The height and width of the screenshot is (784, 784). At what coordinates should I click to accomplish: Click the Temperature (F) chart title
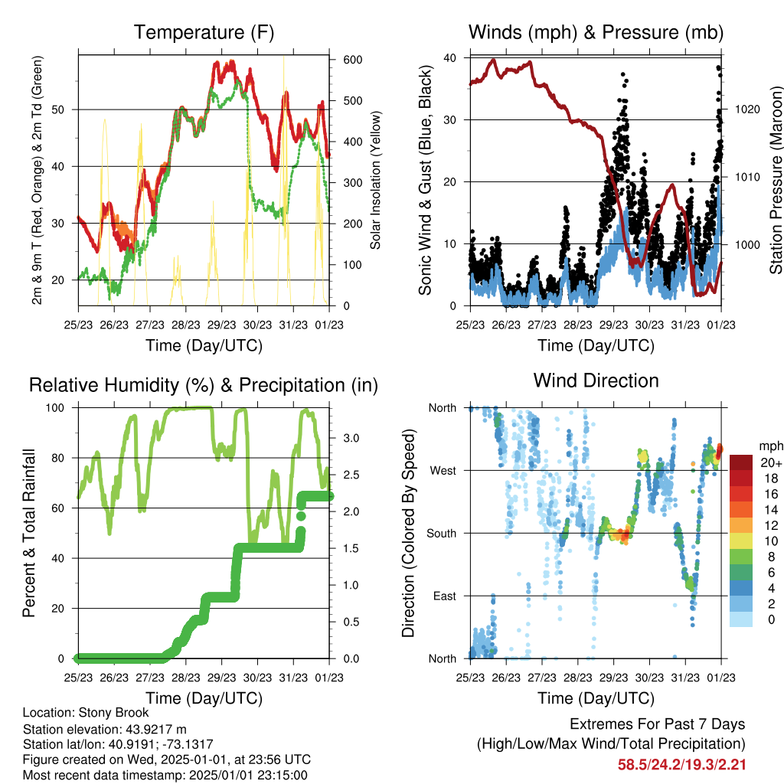(x=204, y=32)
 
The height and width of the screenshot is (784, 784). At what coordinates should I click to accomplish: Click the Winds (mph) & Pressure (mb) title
(x=596, y=32)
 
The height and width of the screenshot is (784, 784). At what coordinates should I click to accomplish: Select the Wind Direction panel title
(x=596, y=381)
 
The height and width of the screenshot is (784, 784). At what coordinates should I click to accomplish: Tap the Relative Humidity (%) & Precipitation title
(x=204, y=386)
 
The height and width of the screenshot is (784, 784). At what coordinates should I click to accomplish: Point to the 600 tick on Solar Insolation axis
(x=352, y=60)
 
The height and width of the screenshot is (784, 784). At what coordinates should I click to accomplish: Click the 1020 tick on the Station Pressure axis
(x=747, y=109)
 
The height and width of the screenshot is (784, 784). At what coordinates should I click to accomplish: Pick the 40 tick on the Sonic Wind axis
(x=450, y=58)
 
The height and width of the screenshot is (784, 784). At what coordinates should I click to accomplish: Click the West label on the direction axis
(x=443, y=471)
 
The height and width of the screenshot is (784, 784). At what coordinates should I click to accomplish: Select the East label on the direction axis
(x=445, y=596)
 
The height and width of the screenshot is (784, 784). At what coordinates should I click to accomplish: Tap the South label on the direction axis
(x=442, y=534)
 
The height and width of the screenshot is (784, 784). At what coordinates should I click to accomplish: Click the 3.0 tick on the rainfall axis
(x=351, y=438)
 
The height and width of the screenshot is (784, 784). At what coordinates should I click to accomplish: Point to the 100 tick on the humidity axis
(x=55, y=408)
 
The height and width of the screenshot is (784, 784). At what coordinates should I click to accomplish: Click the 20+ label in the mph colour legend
(x=771, y=462)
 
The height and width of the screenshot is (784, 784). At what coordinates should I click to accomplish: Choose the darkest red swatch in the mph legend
(x=741, y=462)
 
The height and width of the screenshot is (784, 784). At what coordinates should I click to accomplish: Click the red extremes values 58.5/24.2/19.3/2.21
(x=682, y=765)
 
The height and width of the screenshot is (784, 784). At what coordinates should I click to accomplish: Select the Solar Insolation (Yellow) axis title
(x=375, y=180)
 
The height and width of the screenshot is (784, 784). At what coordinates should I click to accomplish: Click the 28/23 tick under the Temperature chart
(x=186, y=325)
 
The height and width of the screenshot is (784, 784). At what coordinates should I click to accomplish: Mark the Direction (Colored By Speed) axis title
(x=408, y=533)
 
